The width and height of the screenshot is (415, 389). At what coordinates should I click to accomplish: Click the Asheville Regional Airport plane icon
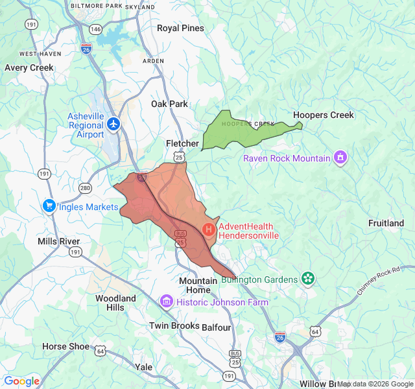click(114, 123)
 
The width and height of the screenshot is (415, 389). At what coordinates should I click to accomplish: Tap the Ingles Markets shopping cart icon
click(49, 206)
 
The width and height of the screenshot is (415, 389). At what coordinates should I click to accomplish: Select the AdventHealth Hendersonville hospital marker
click(209, 229)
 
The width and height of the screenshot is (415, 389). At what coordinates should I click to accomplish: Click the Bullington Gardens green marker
click(308, 279)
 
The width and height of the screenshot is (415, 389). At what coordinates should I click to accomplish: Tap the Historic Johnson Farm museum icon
click(167, 301)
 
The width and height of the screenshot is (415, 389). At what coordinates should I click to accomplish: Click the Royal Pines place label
click(180, 28)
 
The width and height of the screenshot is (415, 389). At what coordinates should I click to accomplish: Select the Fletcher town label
click(183, 143)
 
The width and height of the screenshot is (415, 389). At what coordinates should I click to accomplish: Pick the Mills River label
click(58, 241)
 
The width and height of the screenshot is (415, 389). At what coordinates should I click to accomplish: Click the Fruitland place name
click(386, 223)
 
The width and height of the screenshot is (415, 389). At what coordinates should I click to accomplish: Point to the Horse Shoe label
click(65, 346)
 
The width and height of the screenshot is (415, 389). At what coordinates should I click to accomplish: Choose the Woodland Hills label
click(115, 303)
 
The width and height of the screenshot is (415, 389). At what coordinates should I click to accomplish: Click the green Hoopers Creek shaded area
click(233, 133)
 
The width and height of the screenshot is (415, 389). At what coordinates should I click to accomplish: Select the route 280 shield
click(86, 188)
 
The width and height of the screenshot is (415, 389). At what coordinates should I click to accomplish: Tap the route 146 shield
click(96, 29)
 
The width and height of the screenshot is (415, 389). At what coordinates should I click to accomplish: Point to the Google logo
click(21, 381)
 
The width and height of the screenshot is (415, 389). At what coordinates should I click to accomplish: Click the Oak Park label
click(169, 104)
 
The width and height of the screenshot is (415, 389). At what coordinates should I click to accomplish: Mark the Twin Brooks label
click(174, 325)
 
